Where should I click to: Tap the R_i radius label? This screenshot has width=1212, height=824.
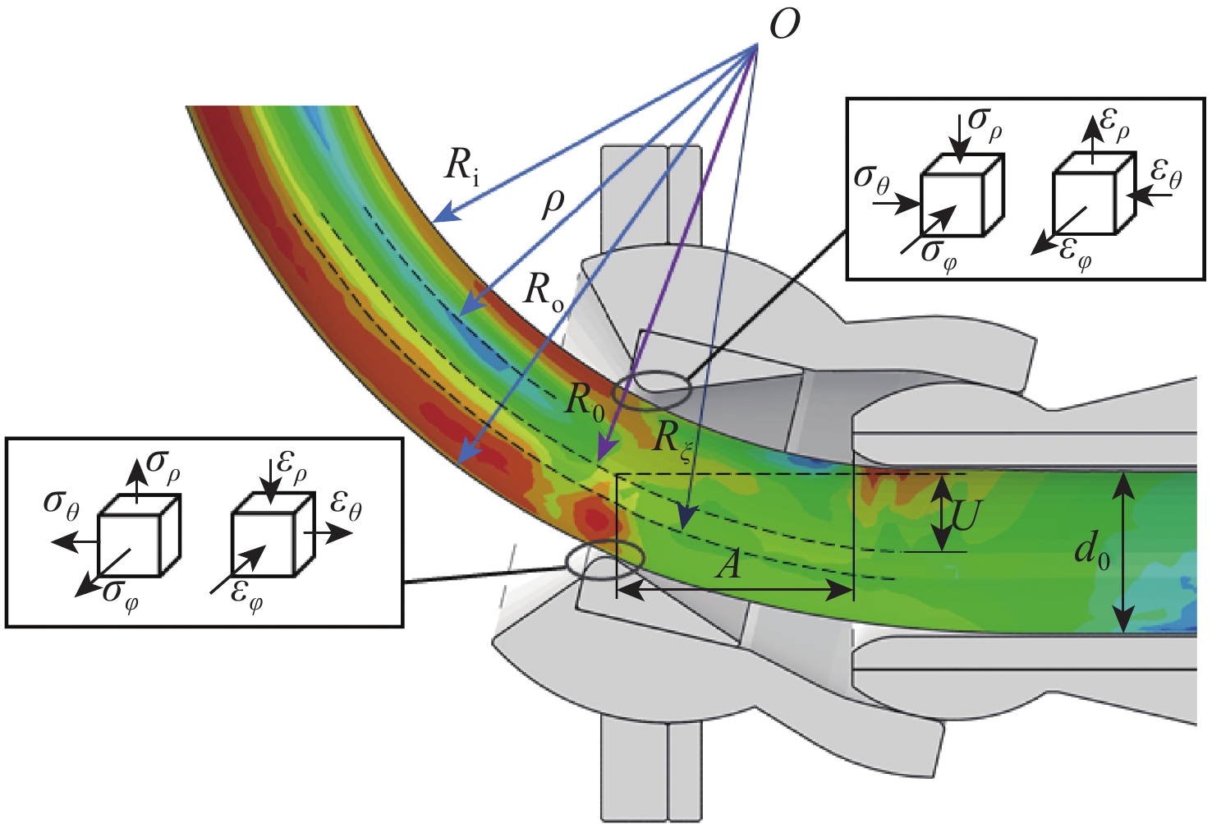[461, 165]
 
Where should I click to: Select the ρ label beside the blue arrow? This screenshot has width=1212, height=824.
[554, 203]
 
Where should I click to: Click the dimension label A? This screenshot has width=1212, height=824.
[728, 565]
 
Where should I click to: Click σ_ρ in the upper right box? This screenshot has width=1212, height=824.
[985, 121]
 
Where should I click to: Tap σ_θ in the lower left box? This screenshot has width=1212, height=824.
[62, 504]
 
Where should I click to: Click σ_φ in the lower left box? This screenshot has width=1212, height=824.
[120, 593]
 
